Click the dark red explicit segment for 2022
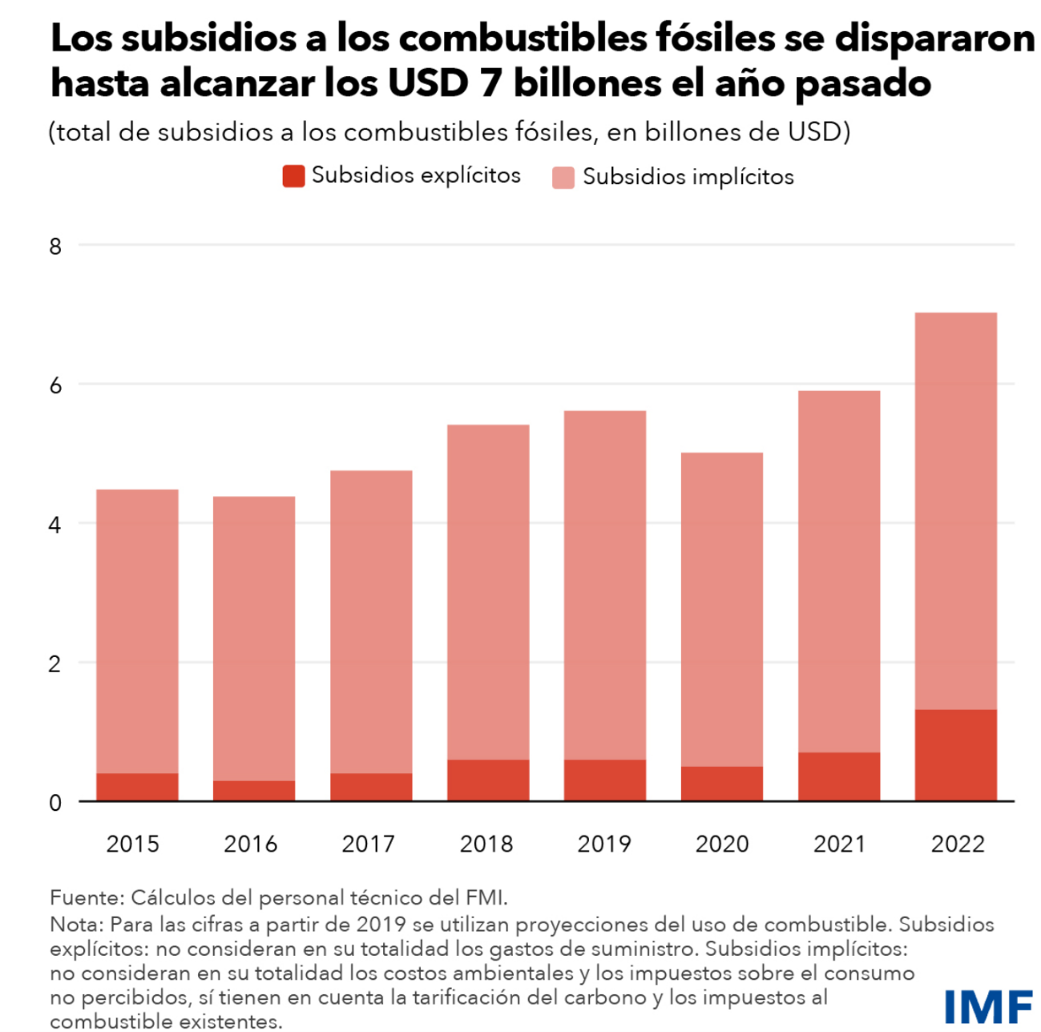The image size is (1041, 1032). [x=955, y=755]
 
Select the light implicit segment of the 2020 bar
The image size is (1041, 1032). [x=721, y=609]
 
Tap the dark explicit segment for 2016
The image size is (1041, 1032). [x=254, y=791]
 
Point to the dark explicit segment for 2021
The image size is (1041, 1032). [x=838, y=776]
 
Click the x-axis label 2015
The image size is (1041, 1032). [x=133, y=844]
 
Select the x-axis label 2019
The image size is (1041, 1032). [x=604, y=844]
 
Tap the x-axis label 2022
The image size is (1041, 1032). [x=957, y=844]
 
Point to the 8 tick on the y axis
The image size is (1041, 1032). [x=54, y=246]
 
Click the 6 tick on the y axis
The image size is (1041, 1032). [x=54, y=385]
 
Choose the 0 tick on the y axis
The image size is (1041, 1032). [x=54, y=802]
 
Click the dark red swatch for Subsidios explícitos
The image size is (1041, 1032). [x=293, y=176]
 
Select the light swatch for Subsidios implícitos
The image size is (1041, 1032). [x=563, y=177]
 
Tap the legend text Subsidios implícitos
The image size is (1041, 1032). [x=688, y=177]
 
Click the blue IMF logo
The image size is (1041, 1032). [x=987, y=1006]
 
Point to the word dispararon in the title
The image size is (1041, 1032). [x=934, y=38]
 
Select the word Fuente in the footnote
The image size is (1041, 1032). [x=83, y=897]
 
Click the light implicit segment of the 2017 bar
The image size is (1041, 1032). [x=371, y=621]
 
